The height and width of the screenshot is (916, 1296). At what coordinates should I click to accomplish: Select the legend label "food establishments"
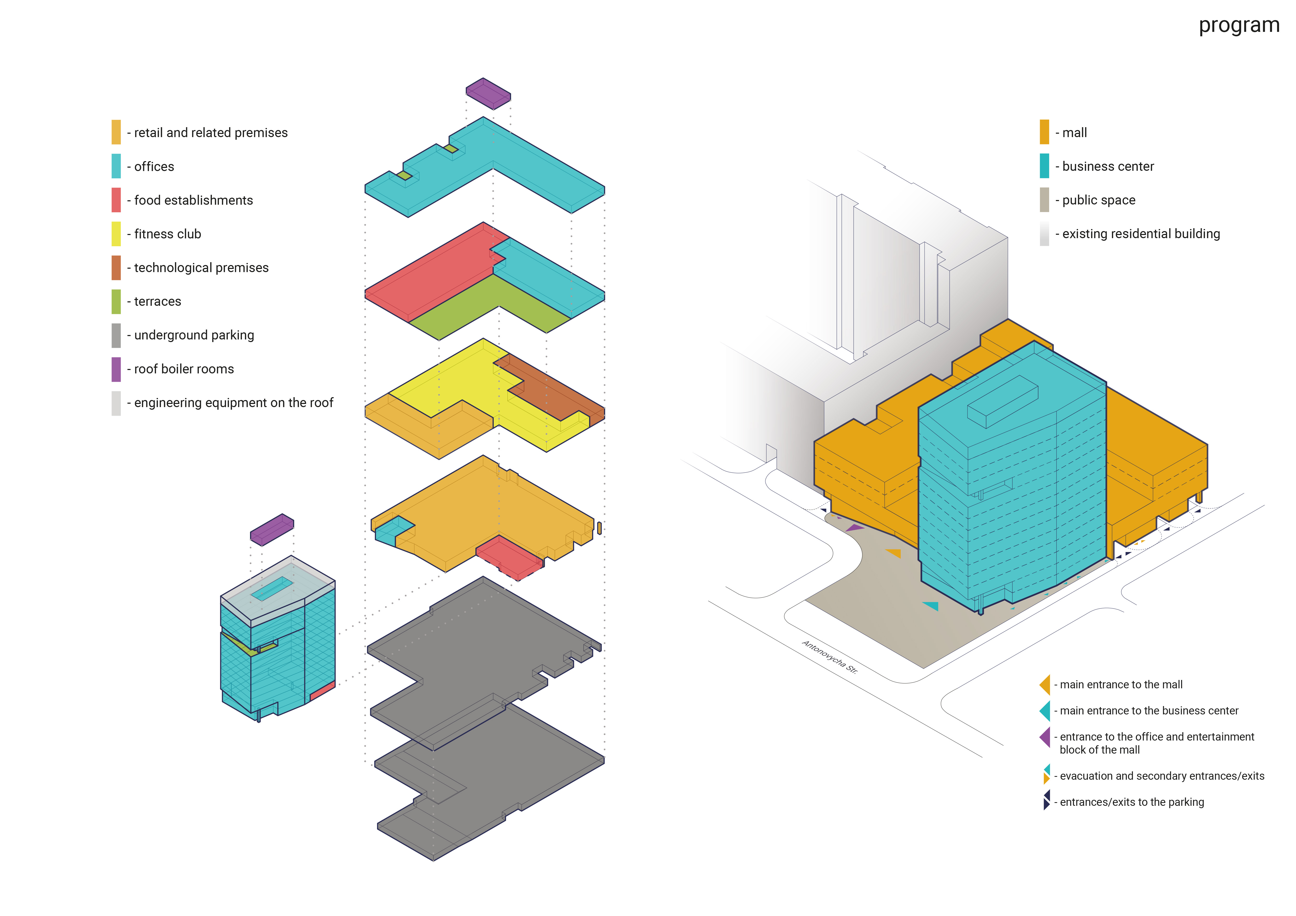click(x=193, y=200)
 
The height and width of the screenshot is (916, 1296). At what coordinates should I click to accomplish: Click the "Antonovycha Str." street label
click(x=830, y=657)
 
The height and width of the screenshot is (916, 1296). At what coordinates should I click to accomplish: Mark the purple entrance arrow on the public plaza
click(x=855, y=529)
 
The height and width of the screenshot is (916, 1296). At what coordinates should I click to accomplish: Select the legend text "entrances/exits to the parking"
click(x=1132, y=802)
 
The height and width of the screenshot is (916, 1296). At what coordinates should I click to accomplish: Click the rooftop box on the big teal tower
click(x=1002, y=402)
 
